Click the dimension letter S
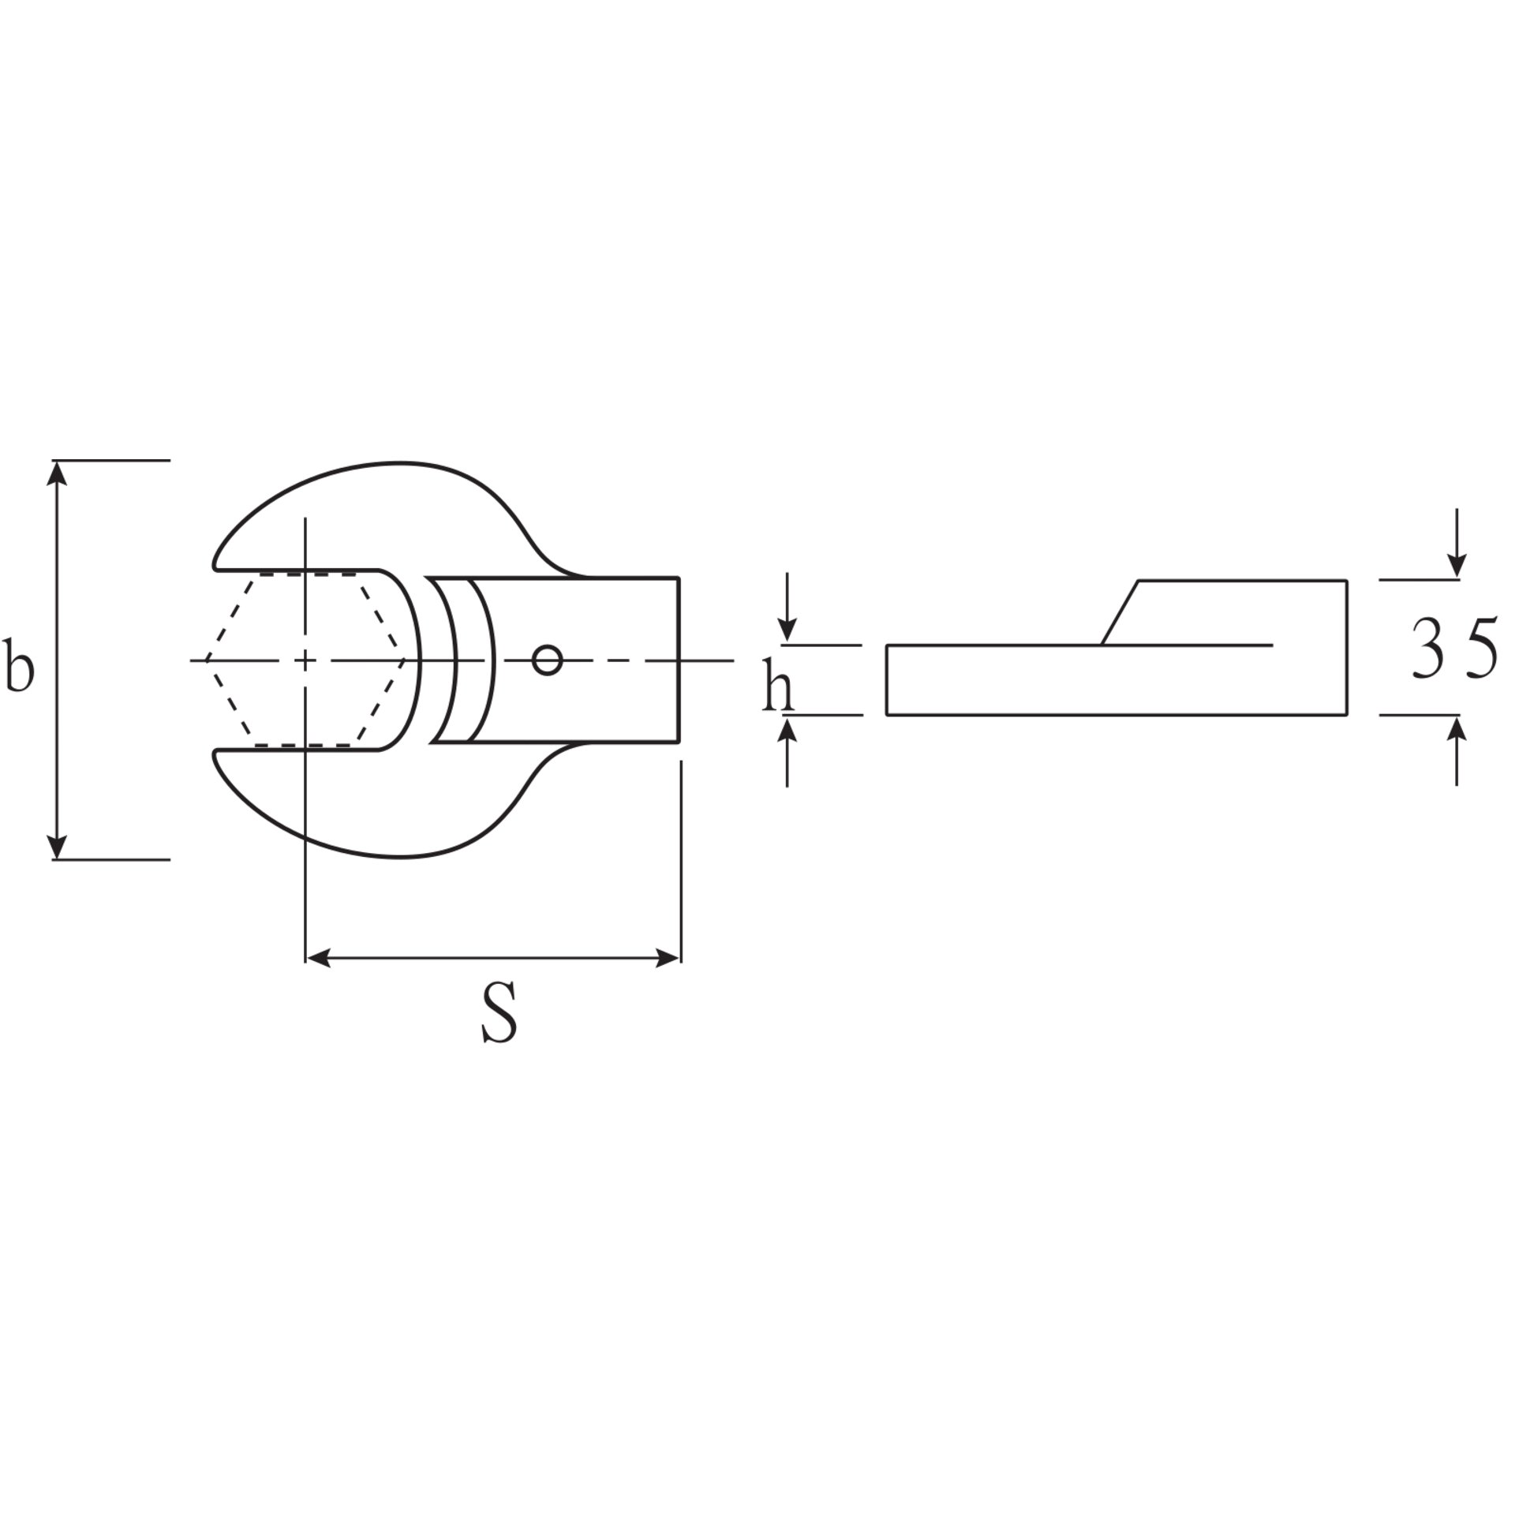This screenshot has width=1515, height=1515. (499, 1012)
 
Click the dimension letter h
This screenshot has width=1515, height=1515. (778, 684)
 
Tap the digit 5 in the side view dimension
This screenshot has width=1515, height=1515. (1480, 649)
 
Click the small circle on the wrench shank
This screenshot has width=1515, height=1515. (547, 660)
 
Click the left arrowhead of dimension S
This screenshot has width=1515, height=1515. (320, 959)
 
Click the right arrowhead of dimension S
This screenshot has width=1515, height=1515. (665, 959)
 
